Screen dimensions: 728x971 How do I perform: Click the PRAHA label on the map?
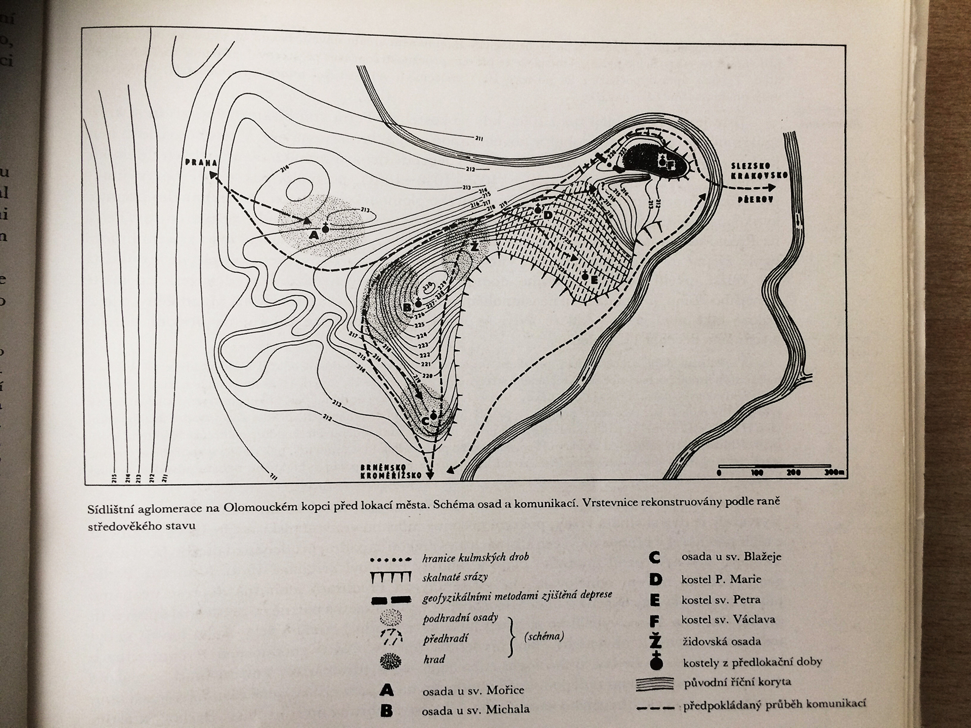(x=201, y=163)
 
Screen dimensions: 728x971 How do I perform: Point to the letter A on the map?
(x=314, y=235)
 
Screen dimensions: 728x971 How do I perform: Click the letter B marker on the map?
(x=407, y=307)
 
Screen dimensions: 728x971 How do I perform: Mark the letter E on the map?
(x=594, y=279)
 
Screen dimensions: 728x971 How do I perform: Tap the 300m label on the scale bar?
(x=834, y=473)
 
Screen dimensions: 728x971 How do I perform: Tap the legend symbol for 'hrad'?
(x=390, y=661)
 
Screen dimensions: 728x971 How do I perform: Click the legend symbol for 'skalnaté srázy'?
(x=390, y=578)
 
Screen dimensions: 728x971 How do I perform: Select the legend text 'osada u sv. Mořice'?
(x=473, y=690)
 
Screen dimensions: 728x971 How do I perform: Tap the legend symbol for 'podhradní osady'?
(x=390, y=617)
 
